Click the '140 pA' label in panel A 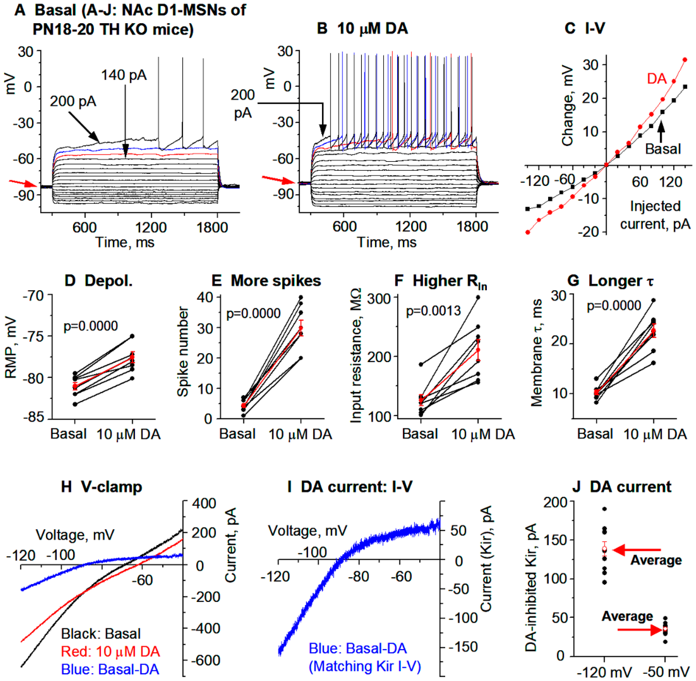point(124,75)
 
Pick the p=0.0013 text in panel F point(433,311)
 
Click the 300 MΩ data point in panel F point(478,297)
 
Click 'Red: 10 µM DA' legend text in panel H point(110,651)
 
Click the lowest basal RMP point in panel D point(75,404)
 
